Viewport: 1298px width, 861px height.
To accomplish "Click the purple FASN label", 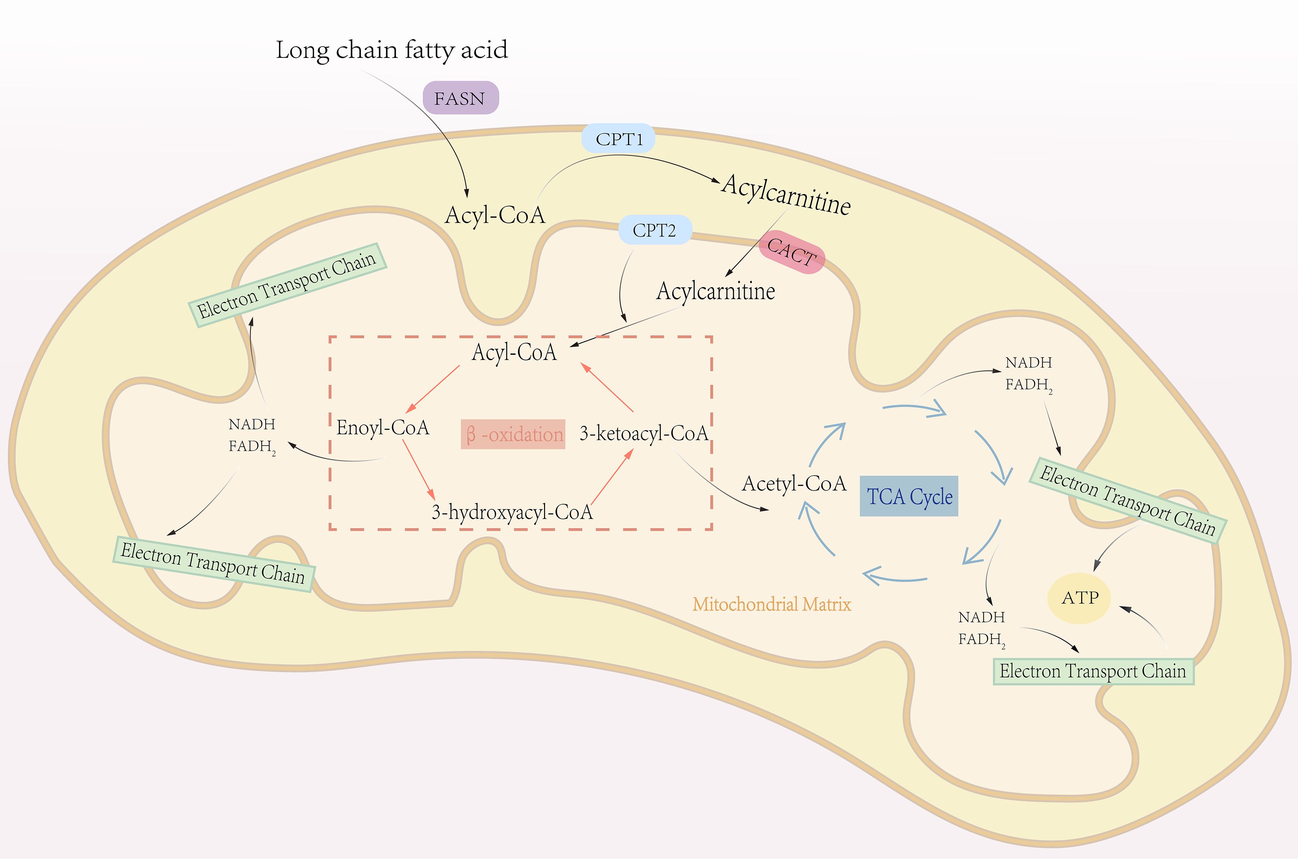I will (460, 98).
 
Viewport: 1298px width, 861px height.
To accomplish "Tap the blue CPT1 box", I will (619, 139).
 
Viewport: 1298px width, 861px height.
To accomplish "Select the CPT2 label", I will (654, 230).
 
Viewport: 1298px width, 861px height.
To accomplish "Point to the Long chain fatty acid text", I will (392, 50).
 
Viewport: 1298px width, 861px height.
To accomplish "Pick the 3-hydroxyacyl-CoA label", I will (512, 512).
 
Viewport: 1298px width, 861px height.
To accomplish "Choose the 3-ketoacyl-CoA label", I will (644, 434).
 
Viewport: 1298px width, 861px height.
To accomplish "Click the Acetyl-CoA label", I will (794, 484).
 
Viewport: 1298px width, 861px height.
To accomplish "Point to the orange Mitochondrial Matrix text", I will (772, 605).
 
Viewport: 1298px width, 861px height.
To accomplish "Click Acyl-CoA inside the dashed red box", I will (514, 352).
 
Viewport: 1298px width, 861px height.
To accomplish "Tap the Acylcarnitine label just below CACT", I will (715, 291).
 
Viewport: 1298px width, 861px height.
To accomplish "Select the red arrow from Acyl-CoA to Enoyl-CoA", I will (433, 389).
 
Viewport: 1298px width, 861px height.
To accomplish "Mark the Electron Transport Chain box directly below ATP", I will (1093, 671).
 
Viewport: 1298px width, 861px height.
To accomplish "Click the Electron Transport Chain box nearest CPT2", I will (288, 285).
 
